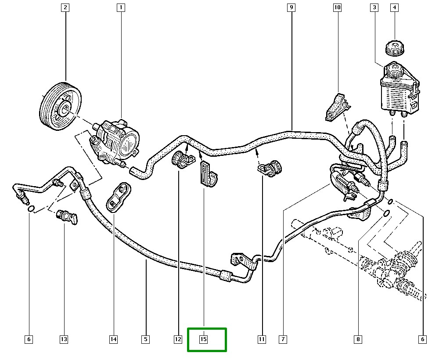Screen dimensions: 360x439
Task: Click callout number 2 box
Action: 65,7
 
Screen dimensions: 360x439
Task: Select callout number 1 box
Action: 121,7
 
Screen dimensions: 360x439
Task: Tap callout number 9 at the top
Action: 291,7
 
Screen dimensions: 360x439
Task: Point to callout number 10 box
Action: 337,7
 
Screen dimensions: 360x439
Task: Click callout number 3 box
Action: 374,7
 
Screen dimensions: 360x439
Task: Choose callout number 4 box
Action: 394,7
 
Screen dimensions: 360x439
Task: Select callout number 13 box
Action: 64,339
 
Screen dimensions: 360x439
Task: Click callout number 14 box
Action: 113,339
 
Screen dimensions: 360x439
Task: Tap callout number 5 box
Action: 145,339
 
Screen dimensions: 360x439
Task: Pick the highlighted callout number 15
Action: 204,339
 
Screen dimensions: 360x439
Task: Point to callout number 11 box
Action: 262,339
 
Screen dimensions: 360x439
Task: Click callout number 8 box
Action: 358,339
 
